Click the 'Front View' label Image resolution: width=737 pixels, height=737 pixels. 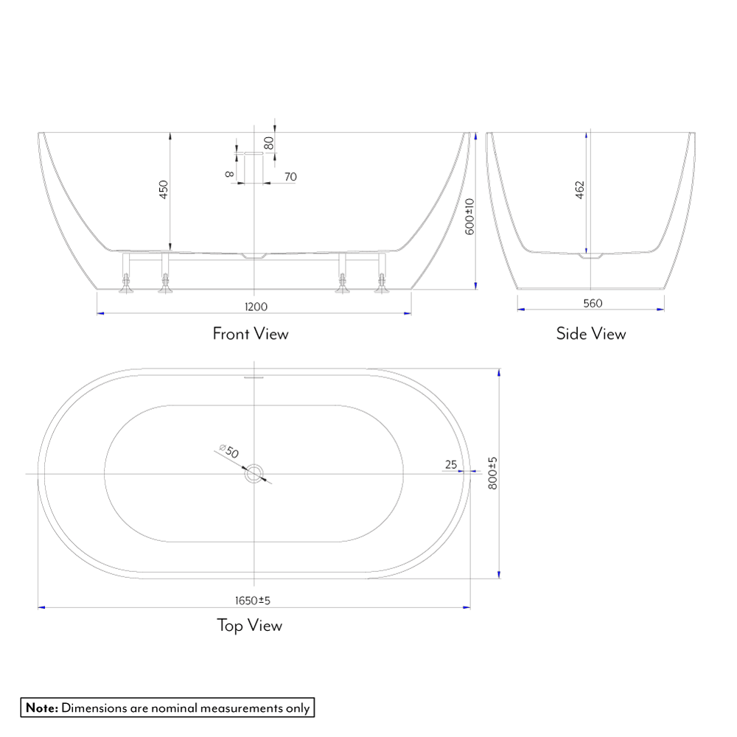251,334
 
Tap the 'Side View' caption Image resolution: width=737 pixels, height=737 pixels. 591,334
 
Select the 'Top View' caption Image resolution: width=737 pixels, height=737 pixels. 249,626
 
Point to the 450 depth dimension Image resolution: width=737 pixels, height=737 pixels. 164,189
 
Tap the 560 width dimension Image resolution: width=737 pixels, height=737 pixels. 593,303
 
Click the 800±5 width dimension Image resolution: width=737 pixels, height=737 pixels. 493,473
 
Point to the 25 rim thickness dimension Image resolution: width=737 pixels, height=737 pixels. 451,464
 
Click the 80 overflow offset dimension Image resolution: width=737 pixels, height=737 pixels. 270,142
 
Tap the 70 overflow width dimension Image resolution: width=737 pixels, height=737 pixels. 290,177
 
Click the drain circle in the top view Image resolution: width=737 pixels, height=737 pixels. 255,474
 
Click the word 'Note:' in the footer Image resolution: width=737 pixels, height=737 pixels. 42,708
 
